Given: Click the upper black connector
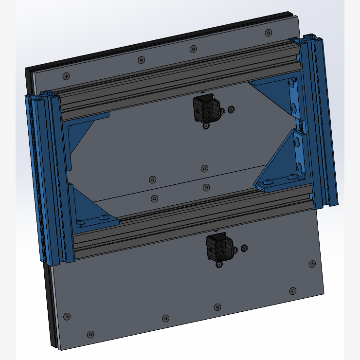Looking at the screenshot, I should [205, 108].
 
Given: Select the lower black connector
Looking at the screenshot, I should [218, 248].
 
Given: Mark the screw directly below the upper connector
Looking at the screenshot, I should [206, 126].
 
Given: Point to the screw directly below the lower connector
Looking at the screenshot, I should [219, 265].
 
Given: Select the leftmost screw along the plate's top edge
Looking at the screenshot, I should [67, 76].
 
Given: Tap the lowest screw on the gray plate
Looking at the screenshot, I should [90, 334].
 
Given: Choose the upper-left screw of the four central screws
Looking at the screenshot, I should [153, 179].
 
